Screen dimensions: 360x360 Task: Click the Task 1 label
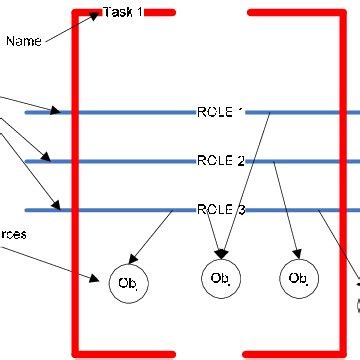[x=124, y=13]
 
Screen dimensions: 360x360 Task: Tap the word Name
[x=22, y=41]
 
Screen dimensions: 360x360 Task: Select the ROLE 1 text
[x=219, y=112]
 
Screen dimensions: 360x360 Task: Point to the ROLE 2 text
[x=219, y=160]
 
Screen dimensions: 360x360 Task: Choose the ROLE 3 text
[x=219, y=209]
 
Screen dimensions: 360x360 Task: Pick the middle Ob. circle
[x=220, y=277]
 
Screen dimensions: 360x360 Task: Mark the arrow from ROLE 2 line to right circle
[x=285, y=210]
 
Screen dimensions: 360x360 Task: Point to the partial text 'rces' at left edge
[x=13, y=234]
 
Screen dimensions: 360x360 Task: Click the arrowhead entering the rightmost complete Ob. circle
[x=295, y=258]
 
